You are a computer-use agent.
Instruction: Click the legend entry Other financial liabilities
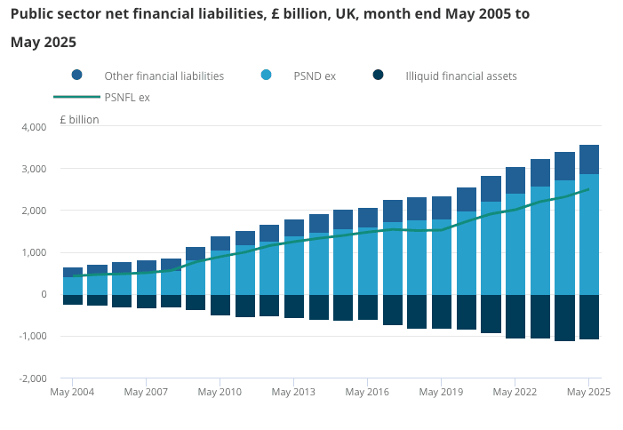164,76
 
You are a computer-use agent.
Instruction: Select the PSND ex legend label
315,76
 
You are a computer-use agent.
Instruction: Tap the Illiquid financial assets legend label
460,76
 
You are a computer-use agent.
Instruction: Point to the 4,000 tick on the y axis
33,127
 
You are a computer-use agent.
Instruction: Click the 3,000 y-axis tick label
33,169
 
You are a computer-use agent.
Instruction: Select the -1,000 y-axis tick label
32,336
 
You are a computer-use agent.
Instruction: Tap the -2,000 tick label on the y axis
32,378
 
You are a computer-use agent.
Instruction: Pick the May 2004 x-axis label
72,392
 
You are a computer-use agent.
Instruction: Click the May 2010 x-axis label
220,392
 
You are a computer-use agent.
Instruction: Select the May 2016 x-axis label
367,392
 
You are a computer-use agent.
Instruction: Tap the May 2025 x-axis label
588,392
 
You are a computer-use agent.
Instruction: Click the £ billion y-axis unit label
80,119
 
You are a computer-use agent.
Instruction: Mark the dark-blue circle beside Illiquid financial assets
379,76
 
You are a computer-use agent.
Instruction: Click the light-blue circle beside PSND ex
267,76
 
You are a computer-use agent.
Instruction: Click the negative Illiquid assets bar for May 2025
588,316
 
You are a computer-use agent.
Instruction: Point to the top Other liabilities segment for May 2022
515,179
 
